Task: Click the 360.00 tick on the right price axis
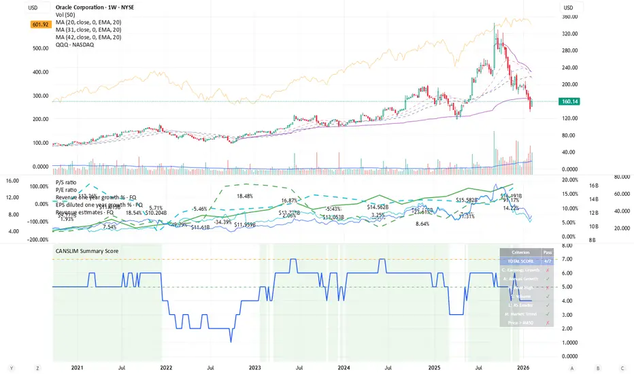point(570,17)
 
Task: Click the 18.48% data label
point(245,196)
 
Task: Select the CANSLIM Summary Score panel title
point(86,251)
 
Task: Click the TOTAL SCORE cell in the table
point(520,261)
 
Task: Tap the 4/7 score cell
point(548,261)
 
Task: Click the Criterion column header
point(520,252)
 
